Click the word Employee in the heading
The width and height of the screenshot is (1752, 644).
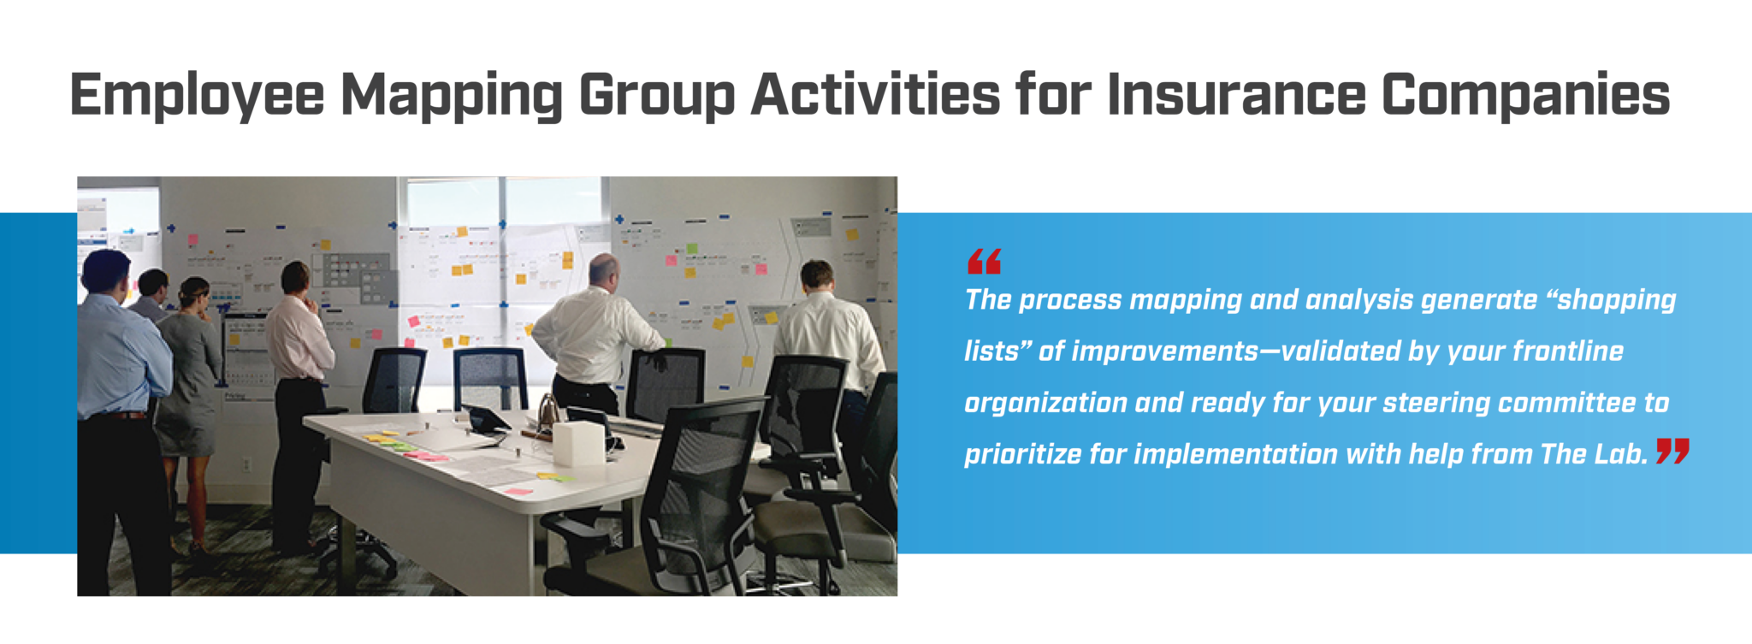pyautogui.click(x=197, y=95)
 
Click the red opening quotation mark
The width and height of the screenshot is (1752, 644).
pyautogui.click(x=984, y=262)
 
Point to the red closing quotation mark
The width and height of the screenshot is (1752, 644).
pyautogui.click(x=1672, y=451)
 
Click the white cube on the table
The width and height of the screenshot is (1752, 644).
pyautogui.click(x=579, y=444)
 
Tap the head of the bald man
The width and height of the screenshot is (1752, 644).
pyautogui.click(x=604, y=270)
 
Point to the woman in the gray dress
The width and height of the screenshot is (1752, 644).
pyautogui.click(x=190, y=376)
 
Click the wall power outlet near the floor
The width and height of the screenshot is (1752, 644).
pyautogui.click(x=246, y=465)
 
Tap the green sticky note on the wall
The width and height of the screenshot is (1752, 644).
pyautogui.click(x=692, y=249)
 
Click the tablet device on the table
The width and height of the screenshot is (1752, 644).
pyautogui.click(x=485, y=419)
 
